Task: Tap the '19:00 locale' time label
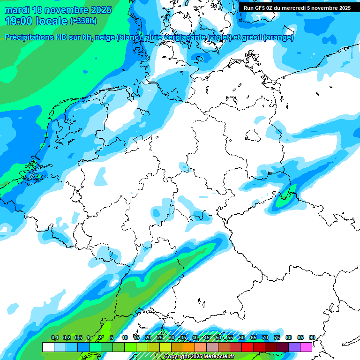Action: point(37,21)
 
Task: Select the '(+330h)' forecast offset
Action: point(83,21)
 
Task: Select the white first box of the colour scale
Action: point(48,347)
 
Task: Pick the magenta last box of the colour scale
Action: point(306,347)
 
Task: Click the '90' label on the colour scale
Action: point(312,337)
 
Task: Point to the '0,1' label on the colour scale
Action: point(54,337)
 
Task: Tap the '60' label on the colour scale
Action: point(241,337)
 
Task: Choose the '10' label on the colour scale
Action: point(125,337)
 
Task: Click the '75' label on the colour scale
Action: point(277,337)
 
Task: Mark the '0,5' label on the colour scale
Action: point(78,337)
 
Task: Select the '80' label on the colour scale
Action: point(288,337)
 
